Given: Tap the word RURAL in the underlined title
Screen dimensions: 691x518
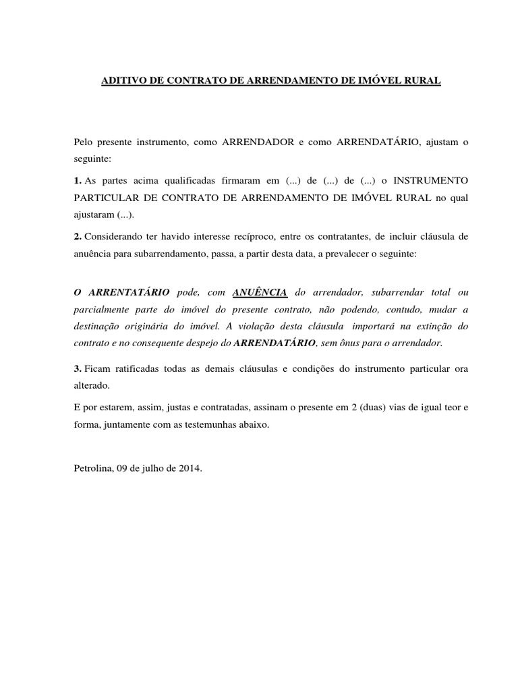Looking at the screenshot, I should (423, 81).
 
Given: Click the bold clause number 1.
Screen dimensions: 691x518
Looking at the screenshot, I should (78, 181).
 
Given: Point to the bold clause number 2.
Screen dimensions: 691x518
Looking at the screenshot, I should (78, 238).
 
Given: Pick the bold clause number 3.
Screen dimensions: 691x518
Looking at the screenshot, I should (78, 370).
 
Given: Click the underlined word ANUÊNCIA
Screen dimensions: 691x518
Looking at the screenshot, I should (260, 292).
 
